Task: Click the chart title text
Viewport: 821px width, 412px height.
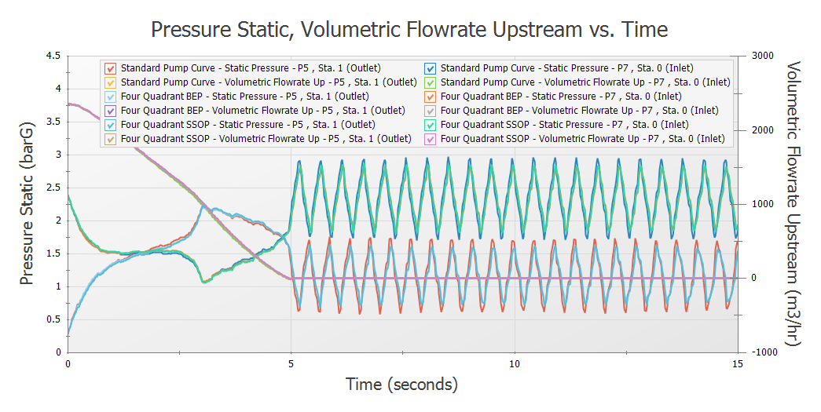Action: (x=409, y=30)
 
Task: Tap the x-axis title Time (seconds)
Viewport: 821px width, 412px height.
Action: (x=401, y=385)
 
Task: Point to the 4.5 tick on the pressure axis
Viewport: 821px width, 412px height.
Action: (x=52, y=56)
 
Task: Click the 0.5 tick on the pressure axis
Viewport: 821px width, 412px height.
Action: (x=52, y=319)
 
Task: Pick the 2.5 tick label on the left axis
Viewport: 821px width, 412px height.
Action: (x=52, y=188)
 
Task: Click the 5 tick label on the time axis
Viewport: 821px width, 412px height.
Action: (x=291, y=364)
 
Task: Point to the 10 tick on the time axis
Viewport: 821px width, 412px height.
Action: (x=515, y=364)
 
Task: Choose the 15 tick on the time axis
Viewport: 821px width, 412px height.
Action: (x=737, y=364)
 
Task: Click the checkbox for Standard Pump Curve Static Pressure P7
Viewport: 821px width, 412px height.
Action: (x=430, y=67)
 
